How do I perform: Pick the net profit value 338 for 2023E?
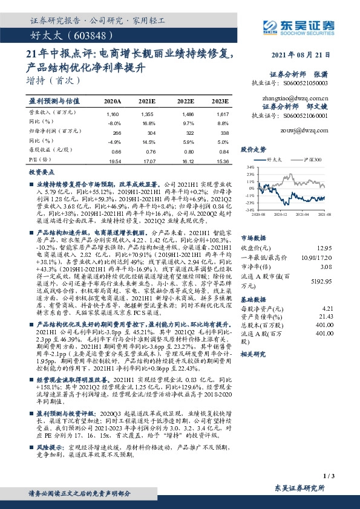pos(223,132)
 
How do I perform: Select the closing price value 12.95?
pos(325,247)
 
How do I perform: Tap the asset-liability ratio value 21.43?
pos(325,316)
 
